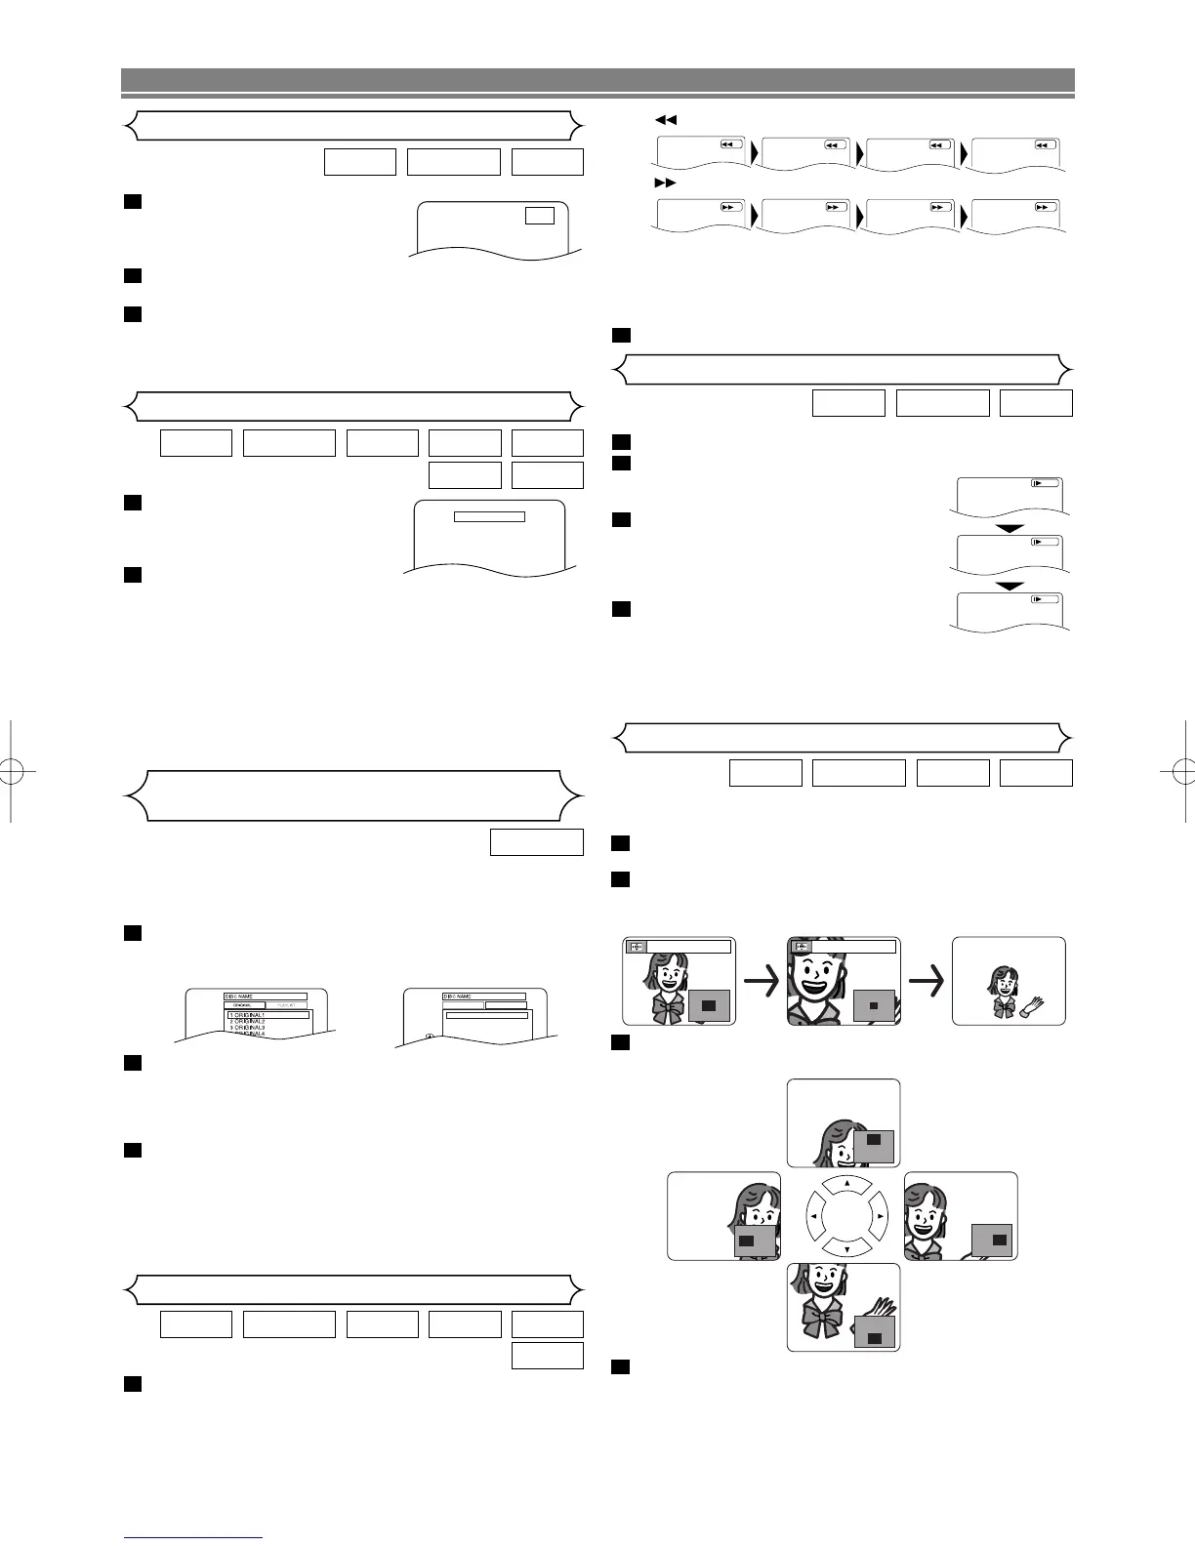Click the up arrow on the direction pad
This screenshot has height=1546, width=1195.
(846, 1183)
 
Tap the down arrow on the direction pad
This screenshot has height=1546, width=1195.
(846, 1249)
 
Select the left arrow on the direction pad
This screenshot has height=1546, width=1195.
(814, 1217)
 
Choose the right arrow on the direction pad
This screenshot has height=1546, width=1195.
(880, 1217)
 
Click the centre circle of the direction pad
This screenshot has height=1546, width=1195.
(846, 1216)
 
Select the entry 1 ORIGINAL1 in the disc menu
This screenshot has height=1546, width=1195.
(254, 1015)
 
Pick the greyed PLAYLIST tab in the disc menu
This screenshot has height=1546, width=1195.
(286, 1004)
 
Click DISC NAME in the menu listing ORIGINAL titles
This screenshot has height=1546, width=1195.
(240, 996)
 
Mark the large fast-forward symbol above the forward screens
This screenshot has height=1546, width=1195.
(665, 183)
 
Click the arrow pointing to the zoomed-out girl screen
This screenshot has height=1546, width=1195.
(928, 980)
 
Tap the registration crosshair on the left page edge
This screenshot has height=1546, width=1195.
(16, 770)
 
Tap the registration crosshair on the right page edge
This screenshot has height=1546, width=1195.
(1178, 770)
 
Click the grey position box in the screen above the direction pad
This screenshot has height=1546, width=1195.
(874, 1146)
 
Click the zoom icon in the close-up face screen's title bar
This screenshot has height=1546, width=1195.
(802, 946)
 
